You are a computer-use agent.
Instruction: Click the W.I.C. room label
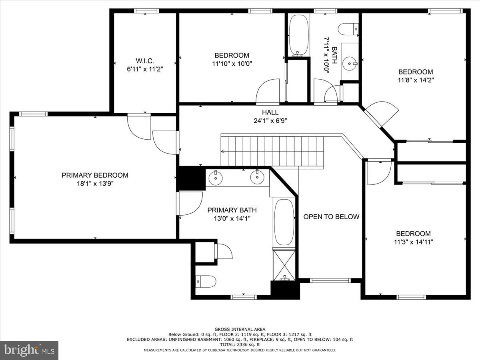coord(144,61)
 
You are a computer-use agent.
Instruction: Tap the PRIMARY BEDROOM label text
coord(95,175)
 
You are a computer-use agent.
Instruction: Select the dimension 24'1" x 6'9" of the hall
coord(270,120)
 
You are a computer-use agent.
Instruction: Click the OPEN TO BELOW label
coord(331,217)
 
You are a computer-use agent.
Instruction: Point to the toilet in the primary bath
coord(206,281)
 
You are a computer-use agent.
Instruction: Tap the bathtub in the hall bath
coord(298,35)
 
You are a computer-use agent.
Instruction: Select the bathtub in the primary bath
coord(284,222)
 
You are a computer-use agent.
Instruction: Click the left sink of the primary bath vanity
coord(216,178)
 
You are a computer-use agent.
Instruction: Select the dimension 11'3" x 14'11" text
coord(414,242)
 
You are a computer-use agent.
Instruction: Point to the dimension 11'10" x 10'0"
coord(232,63)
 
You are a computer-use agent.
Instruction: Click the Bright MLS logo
coord(29,350)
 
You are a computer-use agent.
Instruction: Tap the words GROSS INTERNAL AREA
coord(240,329)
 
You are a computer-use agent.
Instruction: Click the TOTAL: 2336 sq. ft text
coord(240,344)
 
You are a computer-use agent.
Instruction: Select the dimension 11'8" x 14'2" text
coord(416,80)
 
